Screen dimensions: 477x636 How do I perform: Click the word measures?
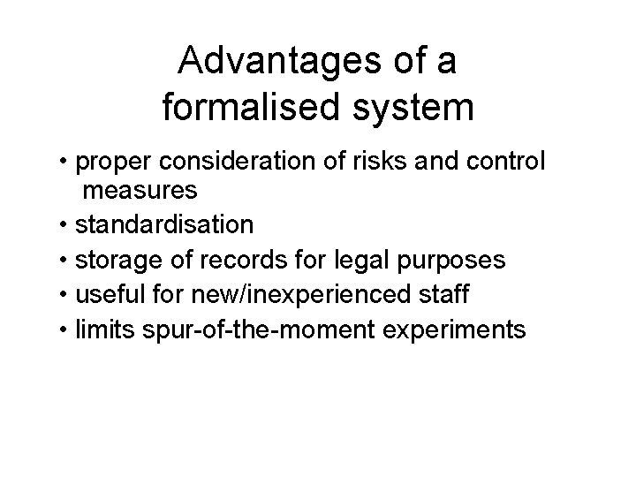pyautogui.click(x=140, y=190)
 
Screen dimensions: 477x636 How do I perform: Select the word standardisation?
pyautogui.click(x=164, y=225)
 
